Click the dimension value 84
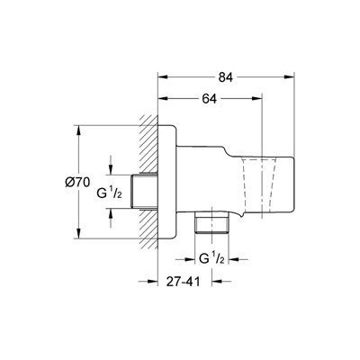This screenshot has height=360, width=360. [226, 77]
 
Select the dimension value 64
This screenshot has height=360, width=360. [209, 99]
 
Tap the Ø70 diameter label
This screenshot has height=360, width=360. [77, 183]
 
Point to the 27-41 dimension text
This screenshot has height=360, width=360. [183, 282]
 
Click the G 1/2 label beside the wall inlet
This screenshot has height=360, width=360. [109, 193]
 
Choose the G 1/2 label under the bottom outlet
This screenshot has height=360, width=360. [211, 258]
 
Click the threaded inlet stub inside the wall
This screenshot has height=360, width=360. [145, 192]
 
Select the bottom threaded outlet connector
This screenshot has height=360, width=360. [211, 222]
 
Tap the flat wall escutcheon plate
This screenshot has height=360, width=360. [167, 182]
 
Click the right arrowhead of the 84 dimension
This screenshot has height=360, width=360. [289, 77]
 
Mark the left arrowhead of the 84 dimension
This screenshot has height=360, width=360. [163, 77]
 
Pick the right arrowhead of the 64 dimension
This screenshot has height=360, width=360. [257, 98]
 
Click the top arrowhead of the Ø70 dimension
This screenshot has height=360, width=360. [78, 130]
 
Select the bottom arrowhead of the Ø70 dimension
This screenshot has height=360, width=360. [78, 234]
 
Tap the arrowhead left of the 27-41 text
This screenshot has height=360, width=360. [153, 282]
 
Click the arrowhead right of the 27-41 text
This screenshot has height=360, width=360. [217, 282]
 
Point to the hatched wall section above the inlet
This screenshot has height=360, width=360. [148, 144]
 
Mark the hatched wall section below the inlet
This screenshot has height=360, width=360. [148, 229]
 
